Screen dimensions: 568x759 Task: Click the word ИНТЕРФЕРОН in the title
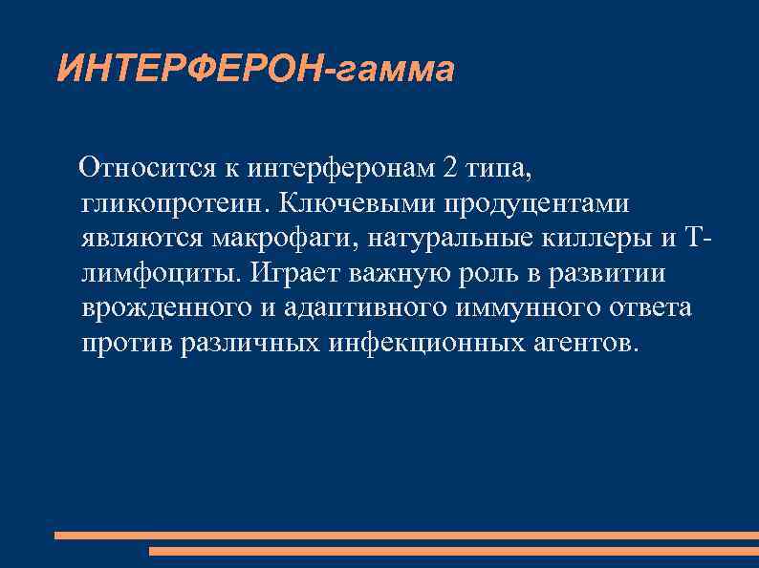192,69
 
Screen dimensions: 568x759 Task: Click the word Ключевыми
348,204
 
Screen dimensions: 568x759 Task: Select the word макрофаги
305,239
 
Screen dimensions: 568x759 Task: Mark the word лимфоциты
160,274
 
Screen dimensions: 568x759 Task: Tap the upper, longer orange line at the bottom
406,536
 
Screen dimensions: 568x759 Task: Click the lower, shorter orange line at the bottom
454,551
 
